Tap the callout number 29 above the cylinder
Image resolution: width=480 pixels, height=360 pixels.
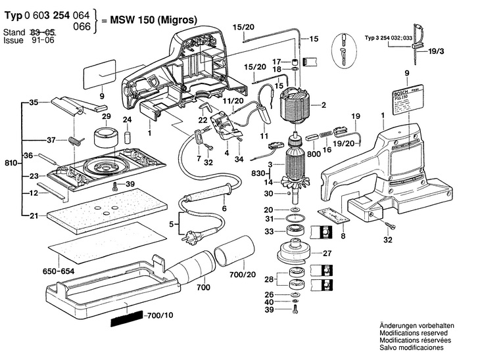[x=106, y=116]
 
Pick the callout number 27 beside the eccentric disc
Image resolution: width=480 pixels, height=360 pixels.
[x=326, y=252]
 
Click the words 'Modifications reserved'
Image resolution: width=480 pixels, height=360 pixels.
[x=413, y=334]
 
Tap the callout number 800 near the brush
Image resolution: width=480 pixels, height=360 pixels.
[x=314, y=153]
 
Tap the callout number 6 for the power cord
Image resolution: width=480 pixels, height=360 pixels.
[x=224, y=208]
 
